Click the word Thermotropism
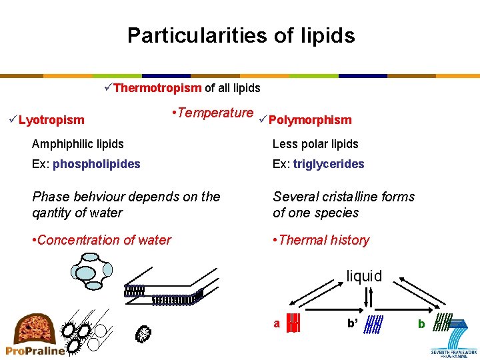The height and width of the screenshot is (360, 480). tap(157, 88)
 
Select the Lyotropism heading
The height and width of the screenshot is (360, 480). tap(51, 120)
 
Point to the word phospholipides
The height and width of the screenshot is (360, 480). tap(97, 163)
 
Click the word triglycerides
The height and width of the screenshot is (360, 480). tap(329, 163)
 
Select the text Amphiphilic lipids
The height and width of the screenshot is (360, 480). tap(78, 143)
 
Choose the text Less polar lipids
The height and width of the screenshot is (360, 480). tap(315, 143)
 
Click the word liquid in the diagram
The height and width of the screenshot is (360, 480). tap(364, 276)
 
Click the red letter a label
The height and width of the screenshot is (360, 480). tap(277, 323)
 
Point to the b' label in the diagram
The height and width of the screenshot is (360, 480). tap(353, 323)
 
